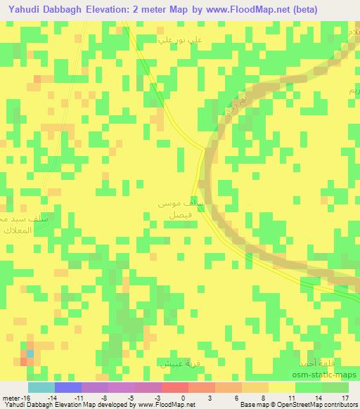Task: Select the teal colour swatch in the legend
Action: (x=41, y=387)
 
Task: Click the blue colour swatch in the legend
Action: (x=67, y=387)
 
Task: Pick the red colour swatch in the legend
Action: (x=175, y=387)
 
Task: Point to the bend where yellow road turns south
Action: (x=203, y=149)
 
